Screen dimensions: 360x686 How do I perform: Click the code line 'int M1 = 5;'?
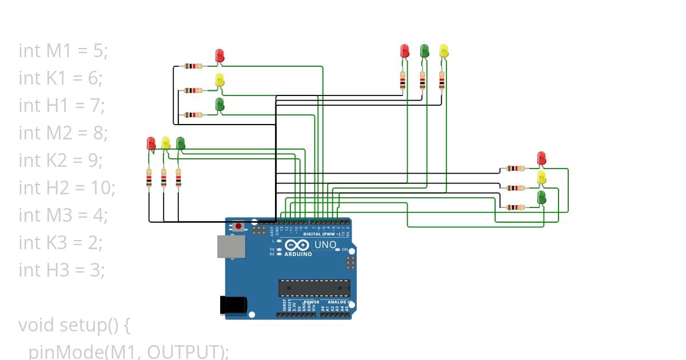(63, 51)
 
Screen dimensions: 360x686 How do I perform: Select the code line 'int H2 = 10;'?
(67, 187)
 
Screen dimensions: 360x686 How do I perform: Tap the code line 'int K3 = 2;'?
(61, 242)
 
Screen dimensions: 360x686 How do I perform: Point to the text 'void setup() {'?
(75, 325)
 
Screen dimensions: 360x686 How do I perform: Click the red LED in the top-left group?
(220, 55)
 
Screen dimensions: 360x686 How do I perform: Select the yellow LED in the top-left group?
(220, 80)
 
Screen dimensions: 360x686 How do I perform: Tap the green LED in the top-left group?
(220, 105)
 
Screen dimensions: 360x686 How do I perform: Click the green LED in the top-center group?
(424, 51)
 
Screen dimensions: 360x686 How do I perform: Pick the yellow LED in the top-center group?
(444, 51)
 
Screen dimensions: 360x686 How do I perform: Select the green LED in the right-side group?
(541, 198)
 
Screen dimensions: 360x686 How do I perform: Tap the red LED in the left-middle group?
(151, 143)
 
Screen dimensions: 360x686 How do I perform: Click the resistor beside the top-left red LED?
(193, 66)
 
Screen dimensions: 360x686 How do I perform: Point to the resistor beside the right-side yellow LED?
(516, 187)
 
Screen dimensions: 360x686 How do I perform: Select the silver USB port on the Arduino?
(231, 246)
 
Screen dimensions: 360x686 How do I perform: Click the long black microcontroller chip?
(314, 289)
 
